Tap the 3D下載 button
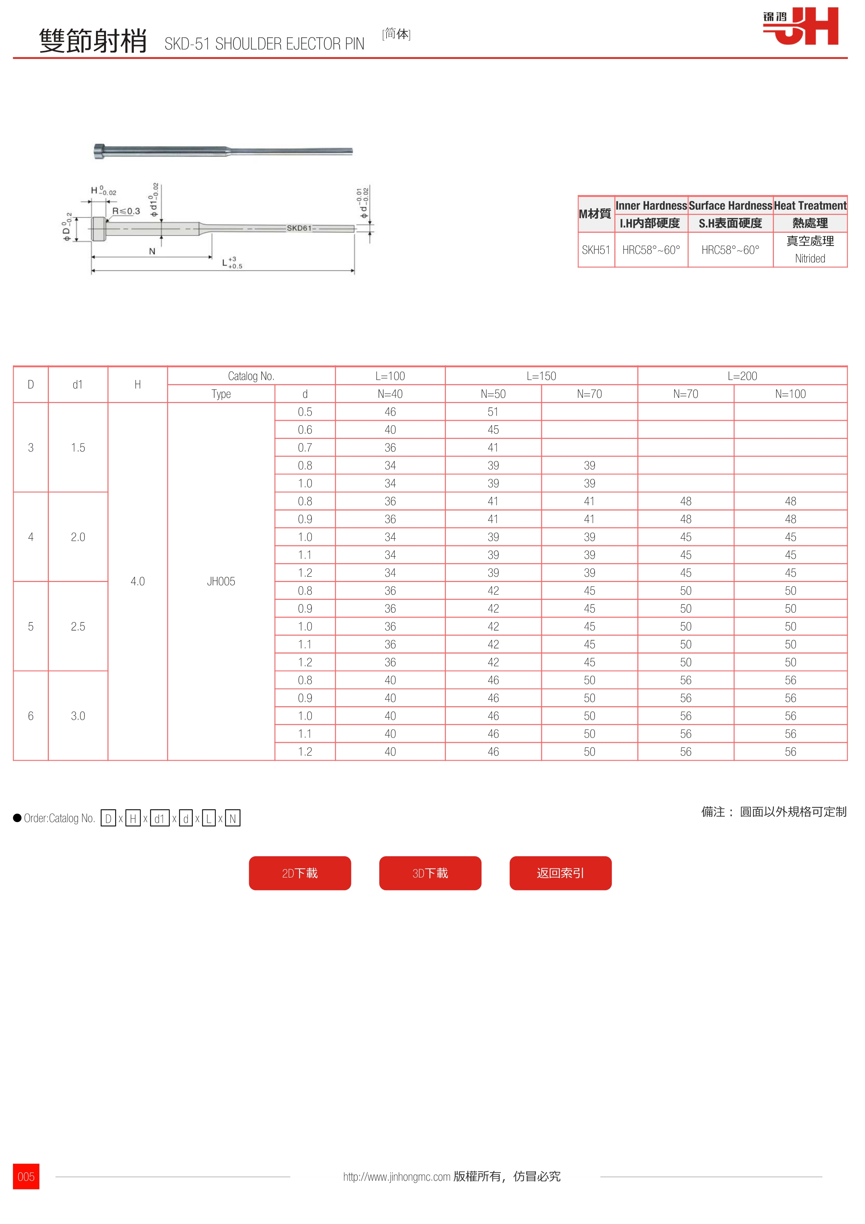(430, 873)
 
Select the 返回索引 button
(560, 873)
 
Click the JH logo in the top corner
(800, 26)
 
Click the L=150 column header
(541, 376)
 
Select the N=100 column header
(790, 394)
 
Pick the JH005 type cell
(221, 581)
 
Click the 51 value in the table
(493, 412)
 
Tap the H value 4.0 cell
(137, 581)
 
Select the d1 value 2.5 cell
(78, 626)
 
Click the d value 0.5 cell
(305, 412)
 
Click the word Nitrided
(810, 259)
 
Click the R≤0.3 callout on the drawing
(126, 211)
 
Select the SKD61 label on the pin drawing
(299, 228)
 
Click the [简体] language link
(396, 34)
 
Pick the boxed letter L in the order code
(208, 818)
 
